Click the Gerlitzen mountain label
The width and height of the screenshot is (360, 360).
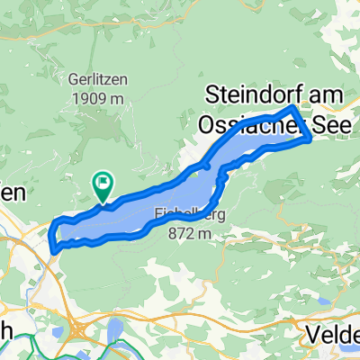pos(98,78)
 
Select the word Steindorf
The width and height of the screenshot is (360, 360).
pos(256,93)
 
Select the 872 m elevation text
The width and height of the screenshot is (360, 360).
pos(189,233)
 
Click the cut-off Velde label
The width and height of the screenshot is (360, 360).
pos(333,334)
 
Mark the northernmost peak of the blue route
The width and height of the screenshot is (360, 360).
pos(292,107)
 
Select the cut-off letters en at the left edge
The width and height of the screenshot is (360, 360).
pos(13,193)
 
